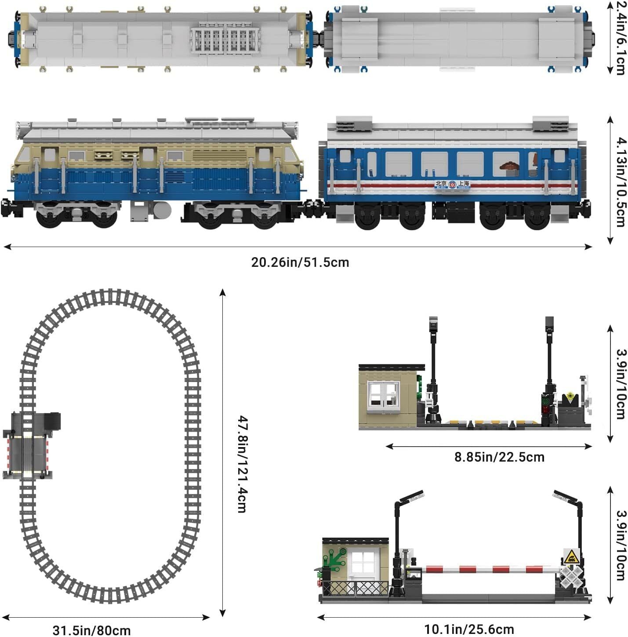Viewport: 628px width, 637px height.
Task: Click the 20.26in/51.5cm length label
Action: [300, 262]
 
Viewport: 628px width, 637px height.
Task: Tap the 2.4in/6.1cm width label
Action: [620, 38]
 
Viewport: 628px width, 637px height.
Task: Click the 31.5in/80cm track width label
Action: [91, 630]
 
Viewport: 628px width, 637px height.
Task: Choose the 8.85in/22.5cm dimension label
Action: [499, 457]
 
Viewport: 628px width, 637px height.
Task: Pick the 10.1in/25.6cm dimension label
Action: [468, 630]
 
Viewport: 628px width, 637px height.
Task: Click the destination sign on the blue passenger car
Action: [452, 185]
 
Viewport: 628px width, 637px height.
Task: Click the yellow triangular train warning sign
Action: [571, 557]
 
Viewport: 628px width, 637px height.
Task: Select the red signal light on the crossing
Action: [546, 410]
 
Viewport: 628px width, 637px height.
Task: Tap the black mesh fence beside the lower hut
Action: [355, 588]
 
